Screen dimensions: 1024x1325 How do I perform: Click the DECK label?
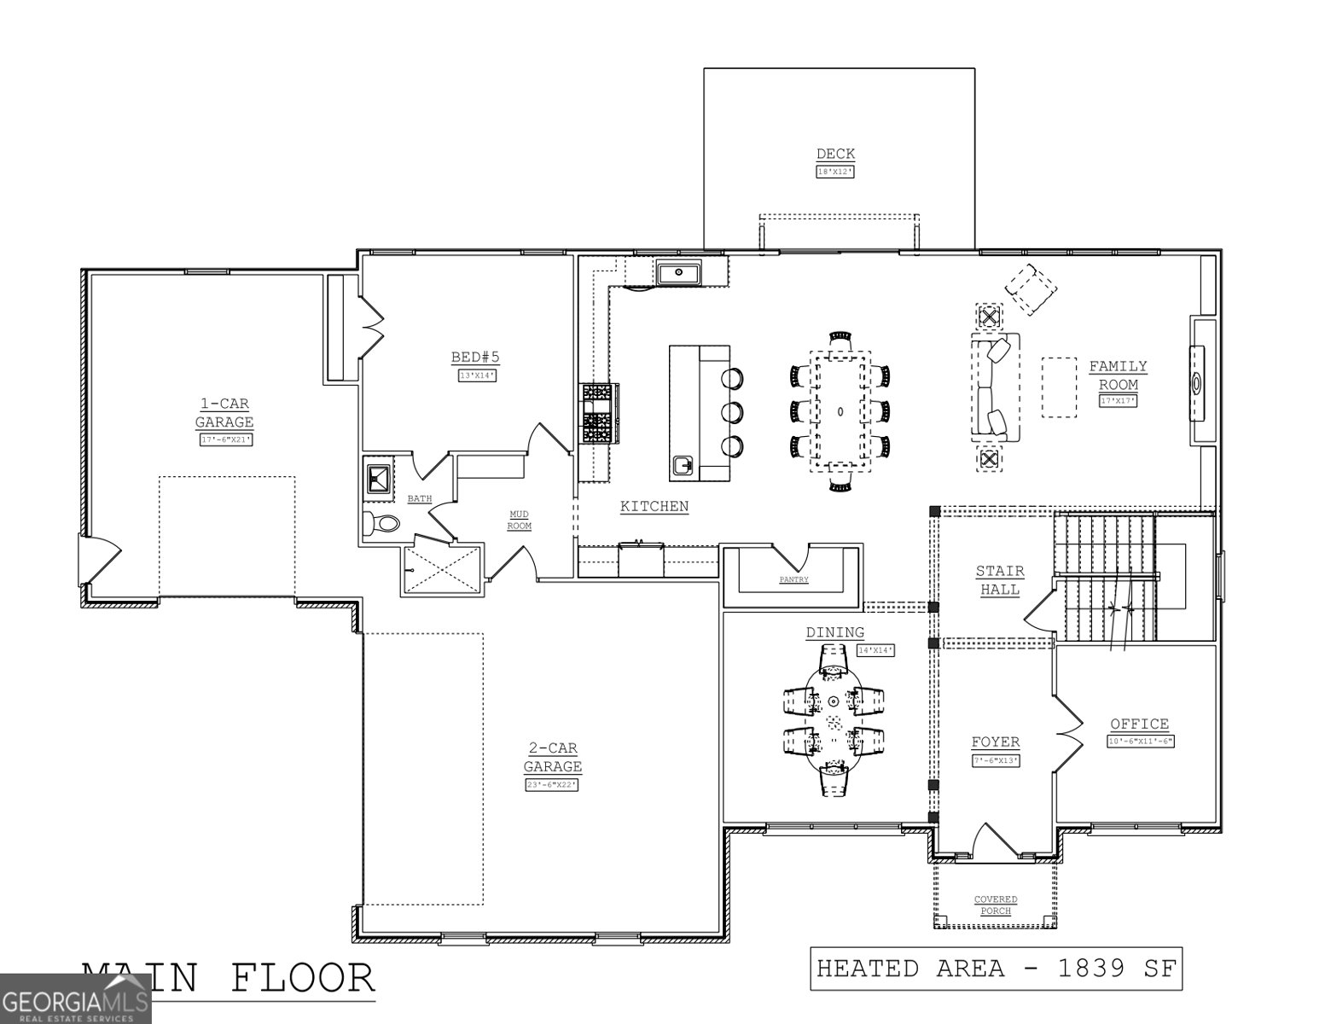(x=835, y=154)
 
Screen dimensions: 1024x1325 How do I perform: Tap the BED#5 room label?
(x=475, y=358)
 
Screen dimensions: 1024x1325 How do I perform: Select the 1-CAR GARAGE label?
(x=224, y=413)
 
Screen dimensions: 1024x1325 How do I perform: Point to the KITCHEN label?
(x=654, y=507)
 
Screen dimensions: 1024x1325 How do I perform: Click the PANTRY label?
(x=793, y=580)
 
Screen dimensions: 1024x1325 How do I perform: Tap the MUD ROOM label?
(x=520, y=520)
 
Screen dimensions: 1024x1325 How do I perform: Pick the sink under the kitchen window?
(x=678, y=274)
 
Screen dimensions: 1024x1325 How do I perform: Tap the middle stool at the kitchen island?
(x=732, y=412)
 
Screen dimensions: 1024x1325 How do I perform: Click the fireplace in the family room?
(x=1199, y=382)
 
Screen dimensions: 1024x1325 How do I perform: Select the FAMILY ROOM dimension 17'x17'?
(x=1118, y=401)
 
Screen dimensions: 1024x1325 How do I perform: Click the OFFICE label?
(x=1140, y=724)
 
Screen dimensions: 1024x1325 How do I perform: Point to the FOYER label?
(x=996, y=742)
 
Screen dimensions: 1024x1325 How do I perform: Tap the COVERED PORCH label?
(x=996, y=905)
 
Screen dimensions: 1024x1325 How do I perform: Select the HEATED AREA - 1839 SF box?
(x=996, y=969)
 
